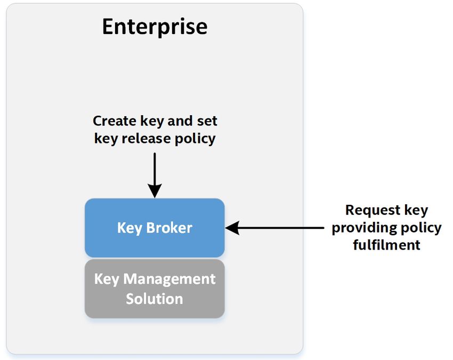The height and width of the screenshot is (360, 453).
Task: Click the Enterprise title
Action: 155,27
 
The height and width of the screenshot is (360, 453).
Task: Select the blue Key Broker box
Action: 155,228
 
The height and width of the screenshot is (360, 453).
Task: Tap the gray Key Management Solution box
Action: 155,289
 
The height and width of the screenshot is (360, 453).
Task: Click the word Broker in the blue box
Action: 169,228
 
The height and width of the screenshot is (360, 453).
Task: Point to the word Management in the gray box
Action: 169,279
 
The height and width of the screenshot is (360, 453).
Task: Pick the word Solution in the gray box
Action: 154,299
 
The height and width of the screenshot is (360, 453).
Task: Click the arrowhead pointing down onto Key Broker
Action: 155,191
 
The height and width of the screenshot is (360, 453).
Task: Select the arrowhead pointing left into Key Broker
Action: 232,228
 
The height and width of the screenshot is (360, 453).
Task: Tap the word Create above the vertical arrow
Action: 115,121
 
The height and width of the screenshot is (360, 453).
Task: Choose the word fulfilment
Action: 386,245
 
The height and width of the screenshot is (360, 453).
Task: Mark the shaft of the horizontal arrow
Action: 281,228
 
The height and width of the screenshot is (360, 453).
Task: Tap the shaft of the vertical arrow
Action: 155,169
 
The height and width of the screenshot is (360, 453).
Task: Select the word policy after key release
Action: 195,139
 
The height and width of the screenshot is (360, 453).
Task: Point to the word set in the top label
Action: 207,121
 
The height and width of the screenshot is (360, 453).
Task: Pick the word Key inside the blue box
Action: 130,228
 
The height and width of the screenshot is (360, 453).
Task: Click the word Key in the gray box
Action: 107,279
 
